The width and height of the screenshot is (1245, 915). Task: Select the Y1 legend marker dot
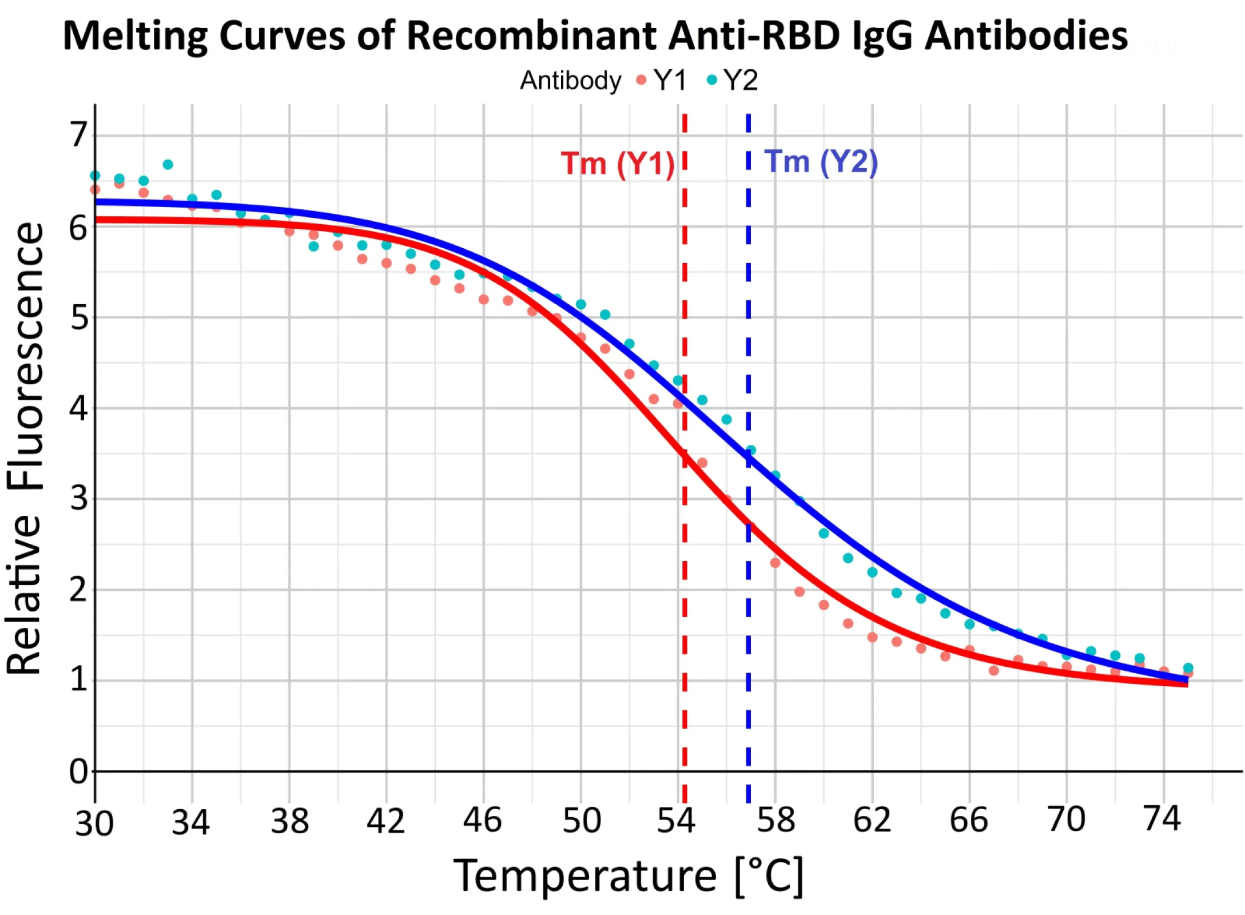tap(641, 80)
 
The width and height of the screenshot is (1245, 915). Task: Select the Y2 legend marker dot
tap(711, 80)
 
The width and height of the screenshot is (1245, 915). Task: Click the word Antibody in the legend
tap(570, 80)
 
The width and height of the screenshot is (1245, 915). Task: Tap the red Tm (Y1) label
tap(618, 164)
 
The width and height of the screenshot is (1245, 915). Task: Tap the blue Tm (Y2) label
tap(821, 162)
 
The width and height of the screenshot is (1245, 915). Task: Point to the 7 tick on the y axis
tap(79, 135)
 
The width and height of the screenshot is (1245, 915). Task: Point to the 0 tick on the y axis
tap(79, 771)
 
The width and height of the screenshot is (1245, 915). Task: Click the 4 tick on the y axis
tap(79, 408)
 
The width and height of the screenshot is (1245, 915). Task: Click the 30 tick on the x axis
tap(94, 823)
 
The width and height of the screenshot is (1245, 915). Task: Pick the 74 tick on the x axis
tap(1162, 818)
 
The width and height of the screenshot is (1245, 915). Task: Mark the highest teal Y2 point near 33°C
tap(168, 165)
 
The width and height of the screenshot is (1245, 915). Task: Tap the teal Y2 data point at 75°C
tap(1187, 667)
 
